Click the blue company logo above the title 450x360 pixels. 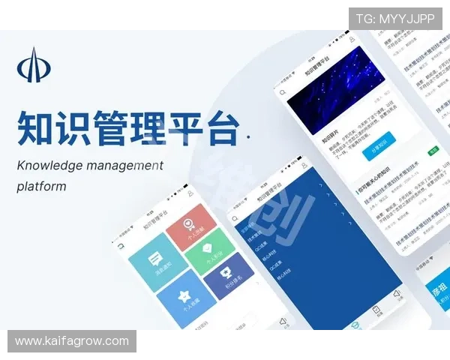[x=34, y=66]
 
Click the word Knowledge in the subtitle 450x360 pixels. [x=49, y=165]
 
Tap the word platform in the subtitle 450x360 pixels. [x=41, y=185]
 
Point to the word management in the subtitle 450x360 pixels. [x=126, y=165]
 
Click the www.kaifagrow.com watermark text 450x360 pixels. [x=71, y=341]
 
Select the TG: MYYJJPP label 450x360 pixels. [x=394, y=19]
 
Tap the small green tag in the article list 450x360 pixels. [x=433, y=151]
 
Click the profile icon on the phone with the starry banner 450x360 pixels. [x=351, y=39]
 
